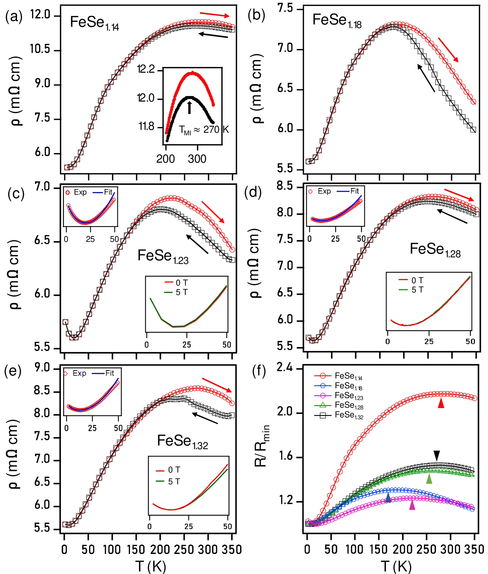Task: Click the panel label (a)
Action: click(x=14, y=17)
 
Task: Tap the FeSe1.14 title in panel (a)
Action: click(x=94, y=23)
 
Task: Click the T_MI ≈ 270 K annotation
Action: click(x=204, y=130)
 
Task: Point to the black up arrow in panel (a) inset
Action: click(x=190, y=107)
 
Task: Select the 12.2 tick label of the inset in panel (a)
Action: click(x=146, y=69)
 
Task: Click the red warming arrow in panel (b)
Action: click(x=448, y=50)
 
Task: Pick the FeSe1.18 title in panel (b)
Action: click(x=337, y=21)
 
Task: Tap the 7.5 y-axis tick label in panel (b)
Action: click(x=285, y=8)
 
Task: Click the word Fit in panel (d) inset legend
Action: click(x=355, y=191)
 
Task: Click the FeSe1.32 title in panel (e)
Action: click(x=183, y=442)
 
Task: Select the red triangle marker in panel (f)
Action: click(x=441, y=403)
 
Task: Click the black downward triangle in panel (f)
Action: click(x=437, y=455)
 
